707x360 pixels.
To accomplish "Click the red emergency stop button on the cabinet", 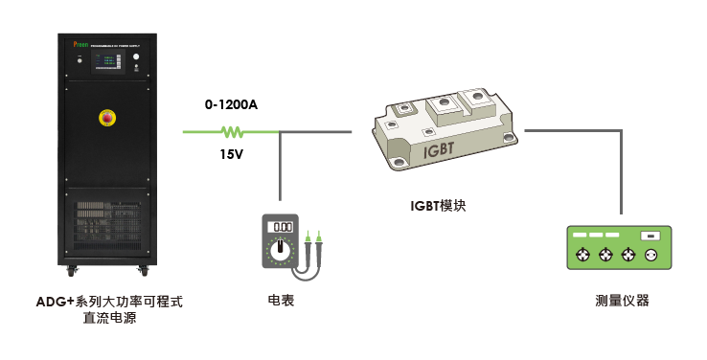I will [x=107, y=118].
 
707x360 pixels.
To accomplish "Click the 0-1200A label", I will [x=231, y=104].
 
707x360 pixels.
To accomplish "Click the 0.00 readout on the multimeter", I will [x=282, y=227].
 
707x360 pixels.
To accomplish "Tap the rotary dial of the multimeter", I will [x=282, y=251].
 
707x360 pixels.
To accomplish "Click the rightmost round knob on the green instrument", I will [x=653, y=256].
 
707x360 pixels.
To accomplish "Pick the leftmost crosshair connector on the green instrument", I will [x=582, y=256].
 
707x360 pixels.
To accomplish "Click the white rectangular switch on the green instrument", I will [x=651, y=236].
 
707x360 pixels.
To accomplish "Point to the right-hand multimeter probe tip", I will [x=320, y=235].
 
